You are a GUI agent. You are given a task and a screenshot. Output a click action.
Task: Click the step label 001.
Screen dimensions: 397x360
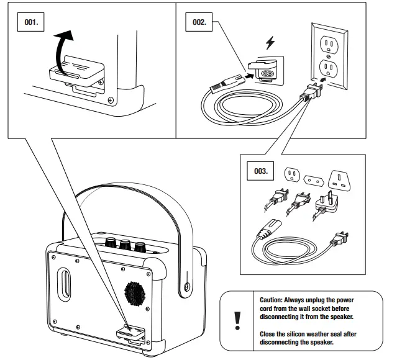[x=30, y=22]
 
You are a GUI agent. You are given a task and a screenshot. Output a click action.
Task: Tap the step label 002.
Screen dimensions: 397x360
[x=199, y=22]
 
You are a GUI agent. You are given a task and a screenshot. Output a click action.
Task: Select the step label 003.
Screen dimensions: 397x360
[x=260, y=171]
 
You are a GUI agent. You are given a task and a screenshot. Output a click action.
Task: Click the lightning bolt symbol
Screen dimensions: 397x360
[x=270, y=43]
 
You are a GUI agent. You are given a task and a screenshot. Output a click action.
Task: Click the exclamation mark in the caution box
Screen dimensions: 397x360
[x=237, y=321]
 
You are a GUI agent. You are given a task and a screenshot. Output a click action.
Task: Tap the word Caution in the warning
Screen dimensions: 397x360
[x=271, y=300]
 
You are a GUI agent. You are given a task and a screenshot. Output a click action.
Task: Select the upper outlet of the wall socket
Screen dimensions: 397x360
[x=329, y=45]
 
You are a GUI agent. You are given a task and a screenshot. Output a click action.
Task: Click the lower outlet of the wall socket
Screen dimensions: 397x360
[x=329, y=68]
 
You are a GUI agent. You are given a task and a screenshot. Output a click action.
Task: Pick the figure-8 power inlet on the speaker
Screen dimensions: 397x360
[x=265, y=73]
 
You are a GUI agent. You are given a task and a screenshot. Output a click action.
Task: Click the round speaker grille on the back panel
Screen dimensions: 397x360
[x=135, y=294]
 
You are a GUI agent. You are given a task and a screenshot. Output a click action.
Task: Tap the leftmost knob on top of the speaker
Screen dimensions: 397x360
[x=111, y=242]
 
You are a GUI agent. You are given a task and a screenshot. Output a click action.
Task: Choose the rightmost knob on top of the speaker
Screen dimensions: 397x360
[x=140, y=247]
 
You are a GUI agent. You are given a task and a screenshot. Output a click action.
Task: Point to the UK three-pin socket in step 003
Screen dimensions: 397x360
[x=339, y=181]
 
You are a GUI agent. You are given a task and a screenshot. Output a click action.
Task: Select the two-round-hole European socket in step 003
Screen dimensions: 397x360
[x=314, y=181]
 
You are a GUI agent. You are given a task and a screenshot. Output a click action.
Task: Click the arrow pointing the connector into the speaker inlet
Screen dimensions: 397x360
[x=250, y=75]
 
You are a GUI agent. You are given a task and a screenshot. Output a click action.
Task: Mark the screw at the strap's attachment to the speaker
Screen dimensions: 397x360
[x=187, y=287]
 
